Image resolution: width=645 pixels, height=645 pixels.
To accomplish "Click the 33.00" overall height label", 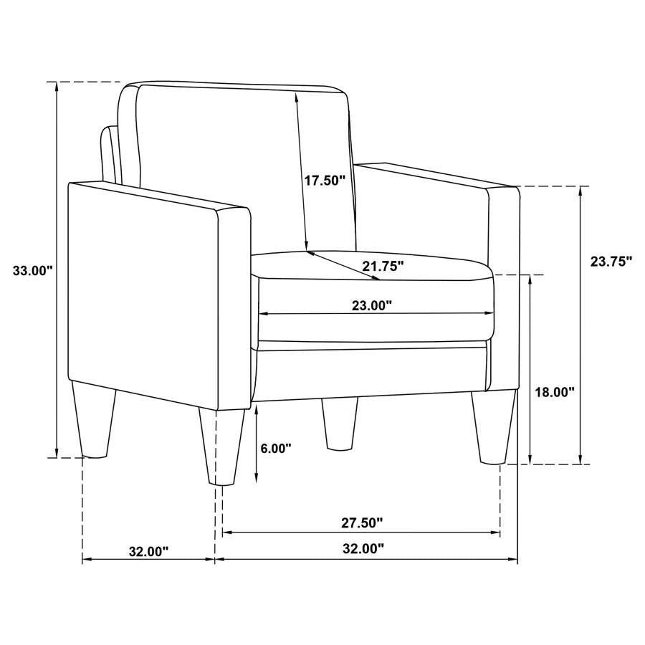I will pyautogui.click(x=33, y=270).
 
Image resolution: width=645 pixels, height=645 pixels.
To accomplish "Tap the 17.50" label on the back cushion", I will pyautogui.click(x=325, y=180).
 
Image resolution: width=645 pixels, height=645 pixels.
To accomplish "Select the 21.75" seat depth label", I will pyautogui.click(x=383, y=266).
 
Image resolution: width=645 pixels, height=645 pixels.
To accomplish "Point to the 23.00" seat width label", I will pyautogui.click(x=371, y=306).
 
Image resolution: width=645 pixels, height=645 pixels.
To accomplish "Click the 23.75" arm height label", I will pyautogui.click(x=611, y=262).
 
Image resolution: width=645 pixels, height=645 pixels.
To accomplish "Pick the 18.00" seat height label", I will pyautogui.click(x=555, y=392).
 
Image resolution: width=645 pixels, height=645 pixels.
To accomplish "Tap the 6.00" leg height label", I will pyautogui.click(x=276, y=449).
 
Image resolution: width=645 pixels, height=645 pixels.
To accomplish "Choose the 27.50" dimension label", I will pyautogui.click(x=362, y=522).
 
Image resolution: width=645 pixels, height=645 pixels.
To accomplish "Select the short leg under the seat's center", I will pyautogui.click(x=339, y=423).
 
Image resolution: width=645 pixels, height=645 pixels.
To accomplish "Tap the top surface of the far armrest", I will pyautogui.click(x=437, y=176).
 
